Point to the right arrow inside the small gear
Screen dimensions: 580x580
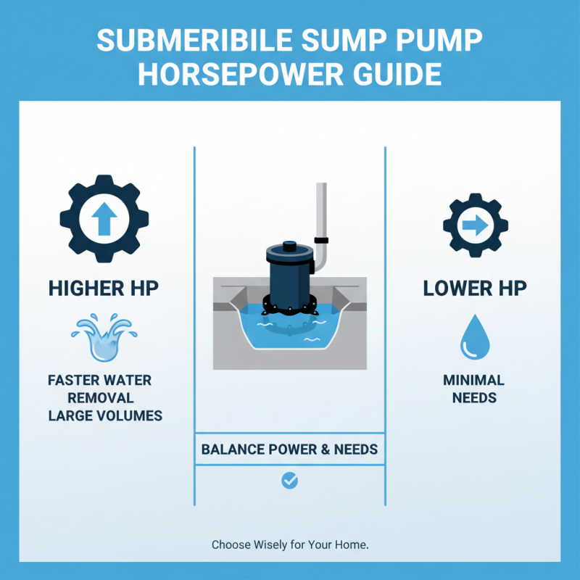(475, 225)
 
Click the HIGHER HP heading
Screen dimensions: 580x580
(104, 288)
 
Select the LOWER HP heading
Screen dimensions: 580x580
(475, 288)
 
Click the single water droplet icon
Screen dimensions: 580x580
(475, 338)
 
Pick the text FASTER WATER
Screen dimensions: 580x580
(99, 380)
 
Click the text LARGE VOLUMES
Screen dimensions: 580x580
(105, 416)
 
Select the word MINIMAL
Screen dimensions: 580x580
(474, 380)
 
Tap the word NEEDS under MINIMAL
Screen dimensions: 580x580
(474, 398)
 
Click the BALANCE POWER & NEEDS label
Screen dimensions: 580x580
(289, 449)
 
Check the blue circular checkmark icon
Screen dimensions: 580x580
(289, 480)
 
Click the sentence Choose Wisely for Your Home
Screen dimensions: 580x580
(290, 544)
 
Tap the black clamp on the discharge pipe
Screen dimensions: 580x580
(321, 240)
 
